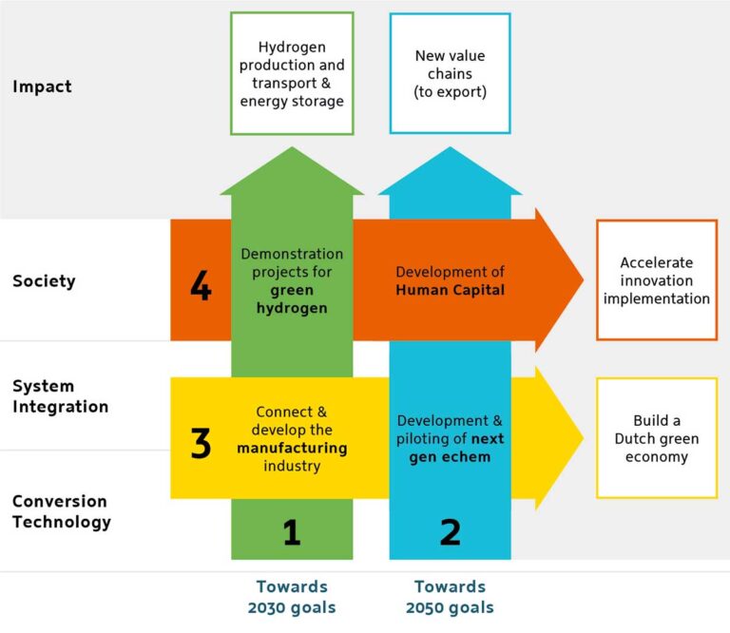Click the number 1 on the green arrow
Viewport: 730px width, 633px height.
coord(292,532)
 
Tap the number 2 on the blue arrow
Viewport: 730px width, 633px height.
coord(450,532)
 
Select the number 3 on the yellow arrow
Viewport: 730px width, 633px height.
coord(201,444)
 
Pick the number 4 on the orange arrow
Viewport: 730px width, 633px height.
coord(201,286)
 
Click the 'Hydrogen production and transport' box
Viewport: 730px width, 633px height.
coord(292,73)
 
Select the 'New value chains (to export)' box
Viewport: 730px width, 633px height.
coord(450,73)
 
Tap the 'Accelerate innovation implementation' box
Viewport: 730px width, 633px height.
coord(656,280)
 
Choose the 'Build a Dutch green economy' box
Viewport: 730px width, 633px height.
coord(656,438)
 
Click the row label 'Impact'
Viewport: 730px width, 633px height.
coord(42,87)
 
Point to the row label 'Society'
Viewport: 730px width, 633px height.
coord(44,281)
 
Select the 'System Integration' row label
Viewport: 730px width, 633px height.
coord(60,396)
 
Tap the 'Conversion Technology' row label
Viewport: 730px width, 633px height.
coord(61,511)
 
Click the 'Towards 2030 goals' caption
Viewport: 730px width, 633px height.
coord(292,597)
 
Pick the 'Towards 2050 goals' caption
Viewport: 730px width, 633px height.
coord(450,597)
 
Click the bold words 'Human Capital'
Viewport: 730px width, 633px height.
coord(450,290)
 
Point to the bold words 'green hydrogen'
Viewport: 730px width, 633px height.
coord(292,299)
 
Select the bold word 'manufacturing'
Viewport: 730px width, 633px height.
coord(292,448)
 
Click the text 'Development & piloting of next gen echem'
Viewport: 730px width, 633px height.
coord(450,438)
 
